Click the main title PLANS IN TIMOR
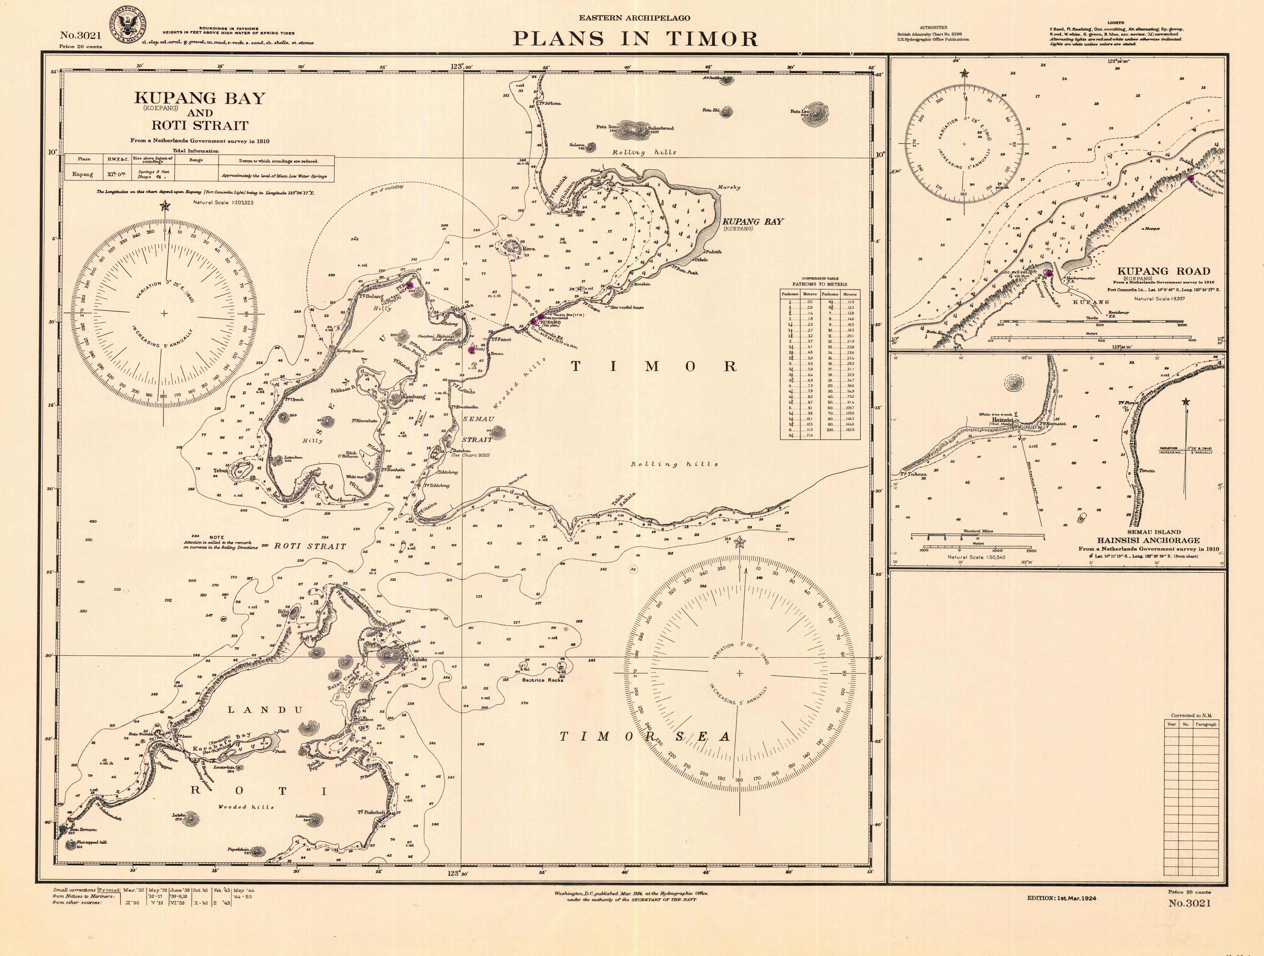635,39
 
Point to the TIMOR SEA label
645,737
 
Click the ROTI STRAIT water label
310,546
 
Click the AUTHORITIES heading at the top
933,27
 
